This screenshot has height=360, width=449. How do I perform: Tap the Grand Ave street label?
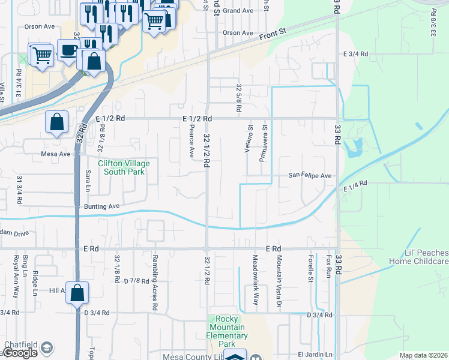(x=238, y=11)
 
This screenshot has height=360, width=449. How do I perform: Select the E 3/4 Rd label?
(x=355, y=54)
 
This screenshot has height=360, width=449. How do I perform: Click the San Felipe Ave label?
(x=310, y=176)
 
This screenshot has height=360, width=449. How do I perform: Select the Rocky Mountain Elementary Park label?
(x=226, y=331)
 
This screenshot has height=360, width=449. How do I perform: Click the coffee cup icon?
(x=68, y=50)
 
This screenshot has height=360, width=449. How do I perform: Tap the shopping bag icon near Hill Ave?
(x=77, y=293)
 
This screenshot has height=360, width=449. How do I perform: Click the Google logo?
(x=20, y=353)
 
